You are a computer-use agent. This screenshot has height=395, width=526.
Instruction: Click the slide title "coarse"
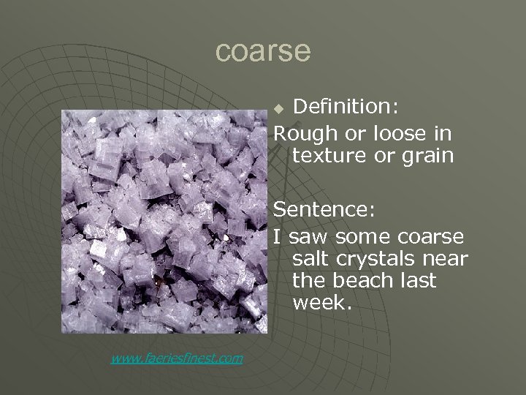coord(263,51)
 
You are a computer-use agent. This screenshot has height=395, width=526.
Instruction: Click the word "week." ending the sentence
coord(321,303)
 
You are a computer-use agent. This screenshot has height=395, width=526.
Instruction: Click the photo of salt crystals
coord(164,226)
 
